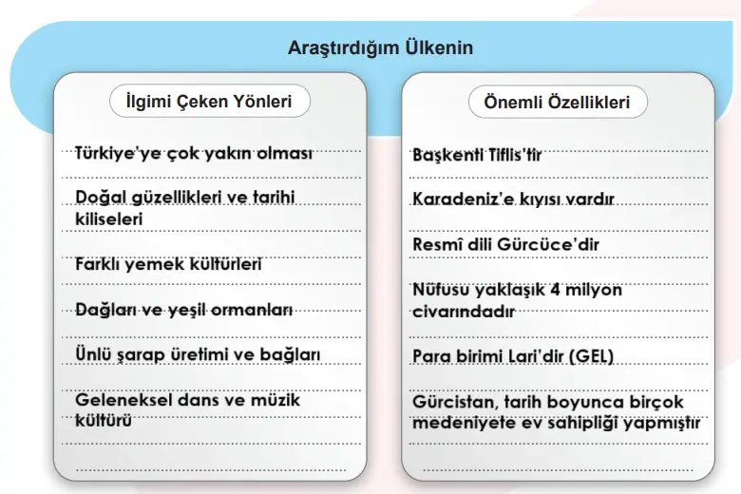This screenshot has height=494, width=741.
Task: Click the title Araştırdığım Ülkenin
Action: [380, 47]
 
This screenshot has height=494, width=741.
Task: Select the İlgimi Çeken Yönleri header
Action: [209, 102]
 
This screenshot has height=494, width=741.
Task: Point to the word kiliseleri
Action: [108, 218]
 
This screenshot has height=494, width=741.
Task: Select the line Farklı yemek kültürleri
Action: [168, 265]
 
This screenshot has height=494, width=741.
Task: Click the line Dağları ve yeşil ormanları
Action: [183, 310]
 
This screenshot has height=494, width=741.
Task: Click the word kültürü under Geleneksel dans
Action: [104, 421]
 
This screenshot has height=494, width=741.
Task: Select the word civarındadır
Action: [464, 311]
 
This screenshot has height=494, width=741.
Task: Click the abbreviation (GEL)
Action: [591, 356]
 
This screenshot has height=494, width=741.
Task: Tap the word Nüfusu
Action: [440, 290]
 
